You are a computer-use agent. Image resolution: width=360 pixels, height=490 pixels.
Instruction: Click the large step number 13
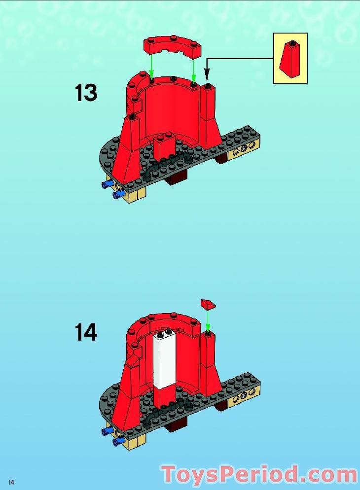(x=86, y=93)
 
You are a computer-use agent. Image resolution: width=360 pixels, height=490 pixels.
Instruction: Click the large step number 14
(x=86, y=332)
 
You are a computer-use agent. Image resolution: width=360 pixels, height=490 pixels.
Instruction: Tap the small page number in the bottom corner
(x=10, y=482)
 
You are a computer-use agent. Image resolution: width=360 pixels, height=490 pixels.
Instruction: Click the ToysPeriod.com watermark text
(x=259, y=474)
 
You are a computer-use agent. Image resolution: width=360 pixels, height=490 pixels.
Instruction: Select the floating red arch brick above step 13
(x=173, y=47)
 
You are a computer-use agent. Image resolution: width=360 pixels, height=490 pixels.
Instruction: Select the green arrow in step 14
(x=208, y=320)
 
